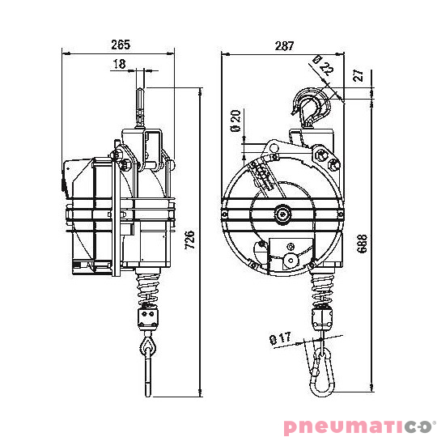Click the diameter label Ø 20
pos(235,120)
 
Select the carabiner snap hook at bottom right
pos(322,372)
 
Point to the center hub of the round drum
pos(282,214)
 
